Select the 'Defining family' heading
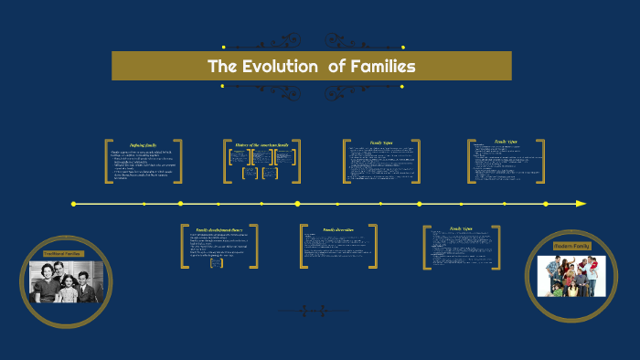[144, 144]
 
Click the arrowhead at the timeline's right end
[581, 204]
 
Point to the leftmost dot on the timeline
[73, 204]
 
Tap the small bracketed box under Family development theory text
[217, 263]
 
